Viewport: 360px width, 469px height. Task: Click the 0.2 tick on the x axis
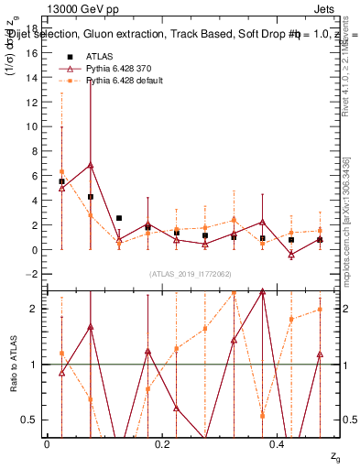point(163,442)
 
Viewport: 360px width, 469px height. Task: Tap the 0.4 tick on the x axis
point(278,442)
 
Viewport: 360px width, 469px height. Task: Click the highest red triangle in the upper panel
point(91,166)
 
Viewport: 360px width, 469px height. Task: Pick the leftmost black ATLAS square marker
point(61,181)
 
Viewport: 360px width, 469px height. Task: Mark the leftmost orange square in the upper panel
point(61,171)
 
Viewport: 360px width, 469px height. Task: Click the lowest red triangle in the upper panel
point(290,254)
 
